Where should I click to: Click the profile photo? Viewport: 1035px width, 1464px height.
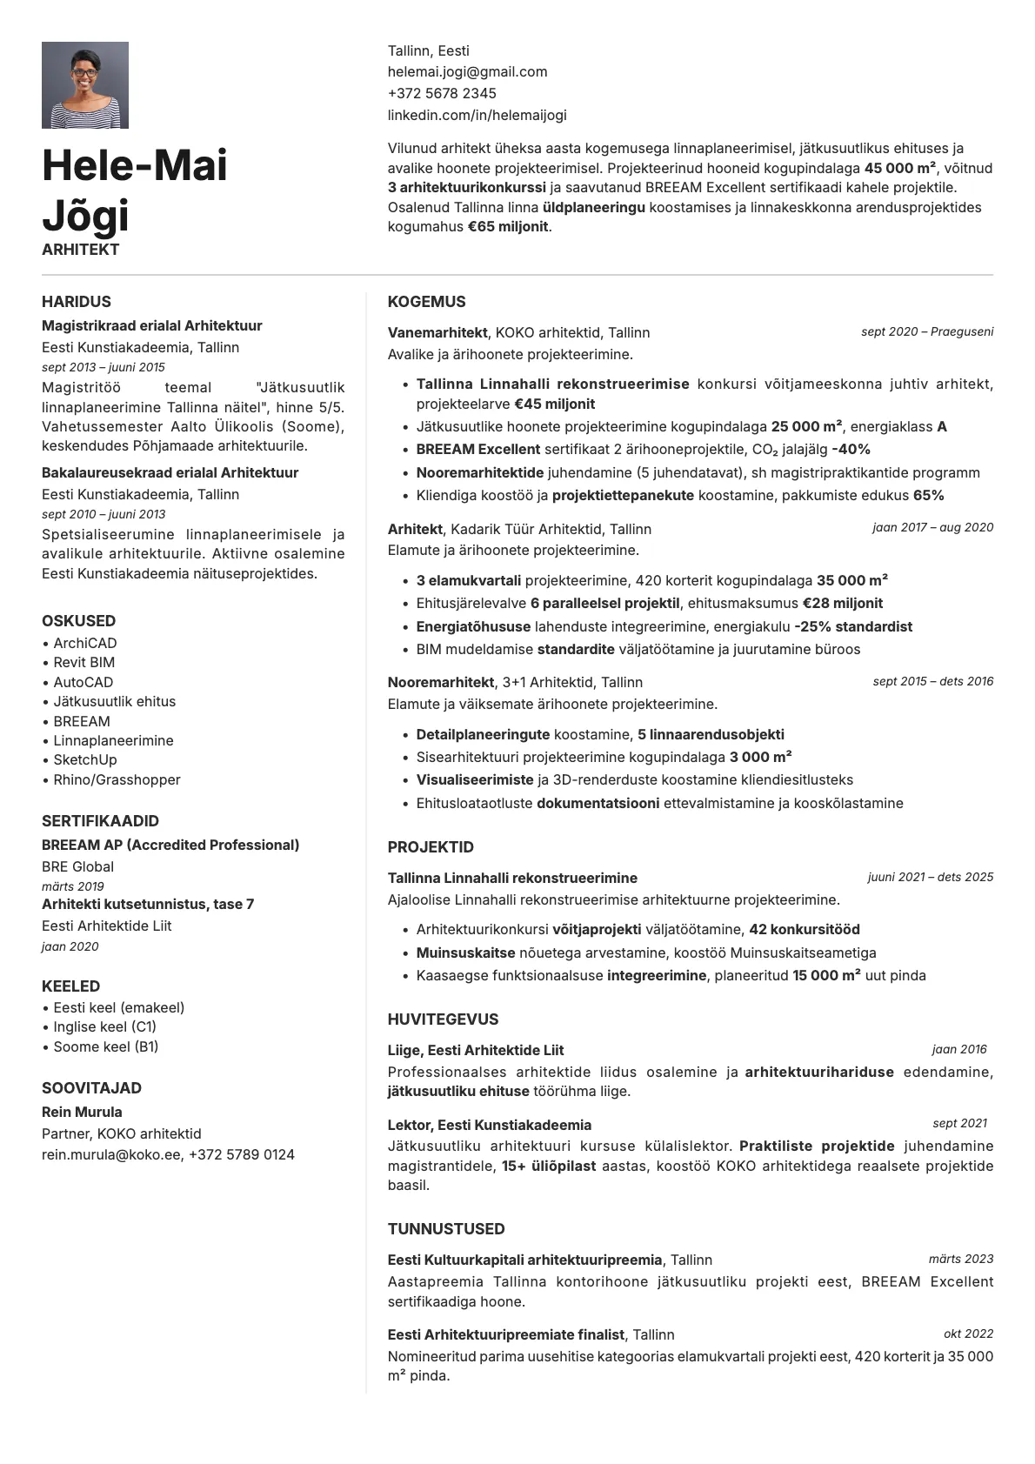(x=85, y=85)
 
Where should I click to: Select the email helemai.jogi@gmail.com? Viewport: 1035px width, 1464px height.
(x=467, y=72)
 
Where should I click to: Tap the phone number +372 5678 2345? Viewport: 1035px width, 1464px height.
(x=442, y=93)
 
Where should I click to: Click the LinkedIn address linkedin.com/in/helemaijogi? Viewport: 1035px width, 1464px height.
(x=477, y=115)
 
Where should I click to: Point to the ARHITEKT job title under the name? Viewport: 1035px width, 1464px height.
(x=80, y=250)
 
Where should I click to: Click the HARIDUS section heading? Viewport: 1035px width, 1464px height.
(x=77, y=302)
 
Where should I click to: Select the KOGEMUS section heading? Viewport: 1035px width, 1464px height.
(x=426, y=302)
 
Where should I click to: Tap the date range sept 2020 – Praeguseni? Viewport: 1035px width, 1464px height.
(x=927, y=331)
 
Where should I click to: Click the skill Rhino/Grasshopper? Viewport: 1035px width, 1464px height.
(x=117, y=779)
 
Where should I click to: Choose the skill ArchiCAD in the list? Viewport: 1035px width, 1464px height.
(x=85, y=643)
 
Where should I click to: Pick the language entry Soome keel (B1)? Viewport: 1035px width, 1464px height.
(x=105, y=1046)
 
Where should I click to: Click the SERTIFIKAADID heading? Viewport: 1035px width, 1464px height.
(x=100, y=820)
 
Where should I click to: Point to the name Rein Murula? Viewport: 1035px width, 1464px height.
(x=82, y=1112)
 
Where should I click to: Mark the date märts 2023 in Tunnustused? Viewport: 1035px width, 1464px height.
(x=960, y=1259)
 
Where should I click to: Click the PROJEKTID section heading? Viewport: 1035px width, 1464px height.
(x=431, y=846)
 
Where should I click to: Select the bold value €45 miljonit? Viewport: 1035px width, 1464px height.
(x=555, y=404)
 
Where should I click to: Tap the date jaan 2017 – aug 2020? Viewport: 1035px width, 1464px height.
(x=932, y=527)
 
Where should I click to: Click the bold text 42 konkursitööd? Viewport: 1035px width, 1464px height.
(x=805, y=929)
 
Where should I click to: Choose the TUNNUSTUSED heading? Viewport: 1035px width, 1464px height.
(x=446, y=1228)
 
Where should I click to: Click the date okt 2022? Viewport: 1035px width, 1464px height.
(x=968, y=1334)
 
